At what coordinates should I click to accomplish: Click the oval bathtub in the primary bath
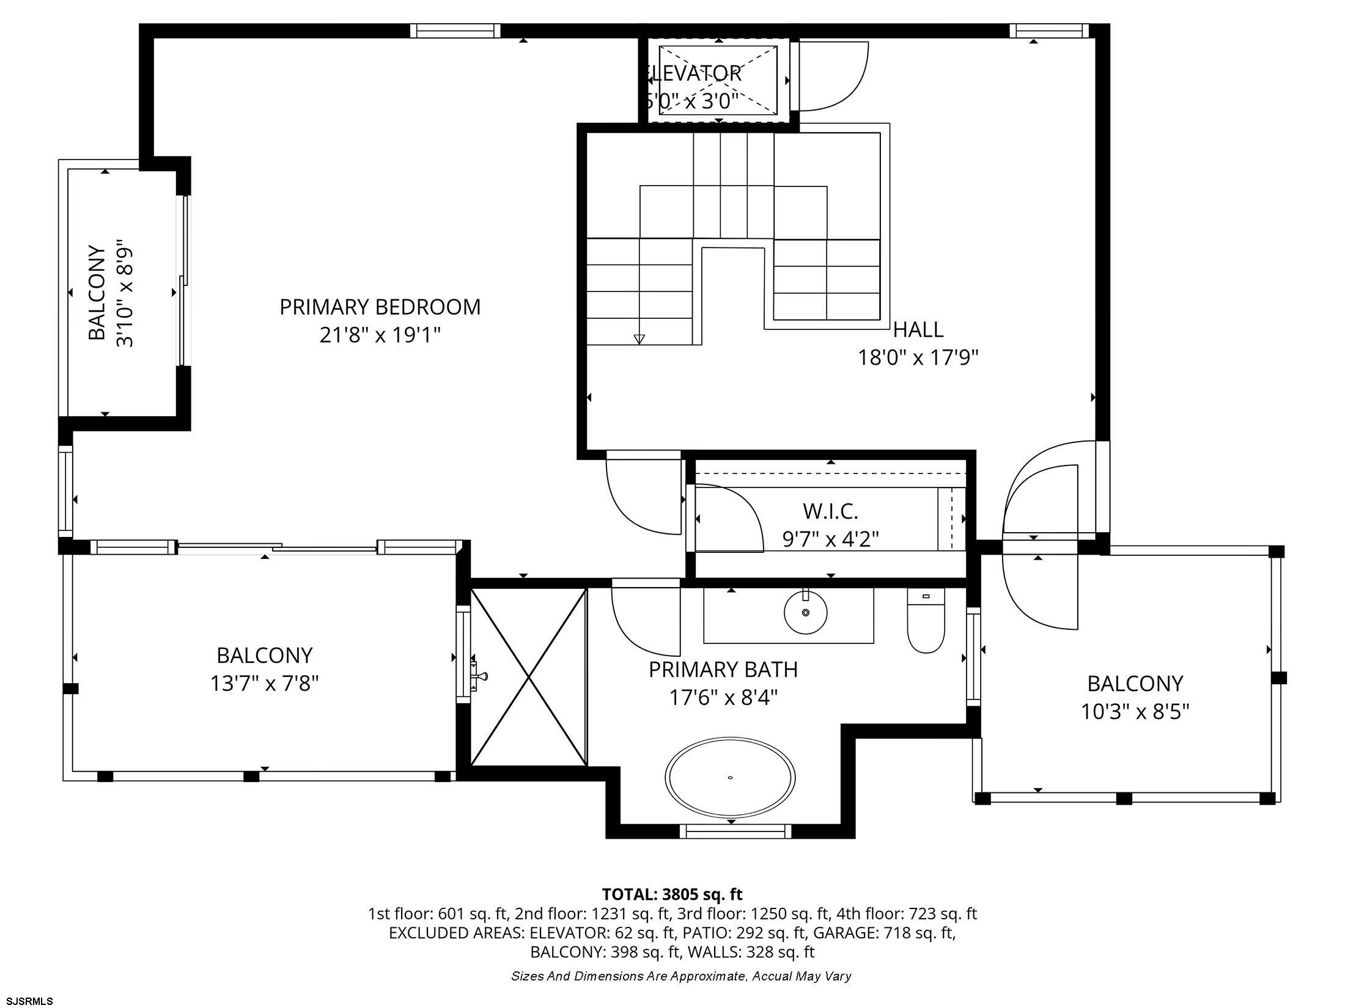click(730, 777)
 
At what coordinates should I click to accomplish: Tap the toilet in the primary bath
click(926, 620)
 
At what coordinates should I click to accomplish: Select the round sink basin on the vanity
click(806, 612)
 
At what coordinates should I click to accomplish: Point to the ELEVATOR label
click(693, 73)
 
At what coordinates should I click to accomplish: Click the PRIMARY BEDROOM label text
click(380, 307)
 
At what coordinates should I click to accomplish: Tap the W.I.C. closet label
click(830, 510)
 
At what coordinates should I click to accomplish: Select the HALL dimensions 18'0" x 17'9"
click(918, 357)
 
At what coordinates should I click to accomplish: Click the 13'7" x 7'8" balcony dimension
click(265, 682)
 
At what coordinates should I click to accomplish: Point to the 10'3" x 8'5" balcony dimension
click(1135, 712)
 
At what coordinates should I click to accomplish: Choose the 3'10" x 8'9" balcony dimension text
click(125, 293)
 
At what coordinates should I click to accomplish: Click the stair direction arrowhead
click(639, 339)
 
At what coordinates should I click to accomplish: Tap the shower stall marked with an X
click(529, 677)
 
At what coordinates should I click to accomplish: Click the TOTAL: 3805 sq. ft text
click(672, 894)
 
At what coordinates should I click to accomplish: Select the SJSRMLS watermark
click(27, 1001)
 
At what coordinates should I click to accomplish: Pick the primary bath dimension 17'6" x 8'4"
click(723, 698)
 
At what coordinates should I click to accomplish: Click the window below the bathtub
click(735, 831)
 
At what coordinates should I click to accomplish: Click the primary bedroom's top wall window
click(455, 31)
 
